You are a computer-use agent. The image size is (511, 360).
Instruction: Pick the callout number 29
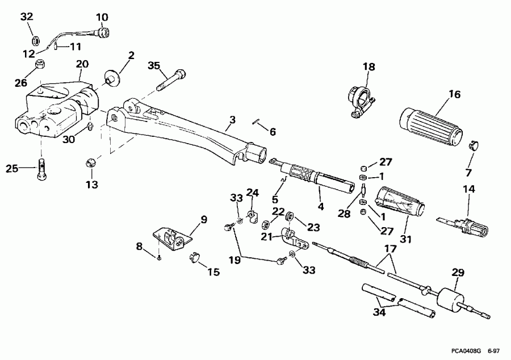click(x=458, y=273)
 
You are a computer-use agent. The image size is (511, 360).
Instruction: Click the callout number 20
click(x=82, y=65)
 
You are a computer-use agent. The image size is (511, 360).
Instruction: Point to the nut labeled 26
click(x=40, y=64)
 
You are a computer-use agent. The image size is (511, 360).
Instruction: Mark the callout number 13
click(x=91, y=185)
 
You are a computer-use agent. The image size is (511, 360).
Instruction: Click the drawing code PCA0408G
click(x=463, y=351)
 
